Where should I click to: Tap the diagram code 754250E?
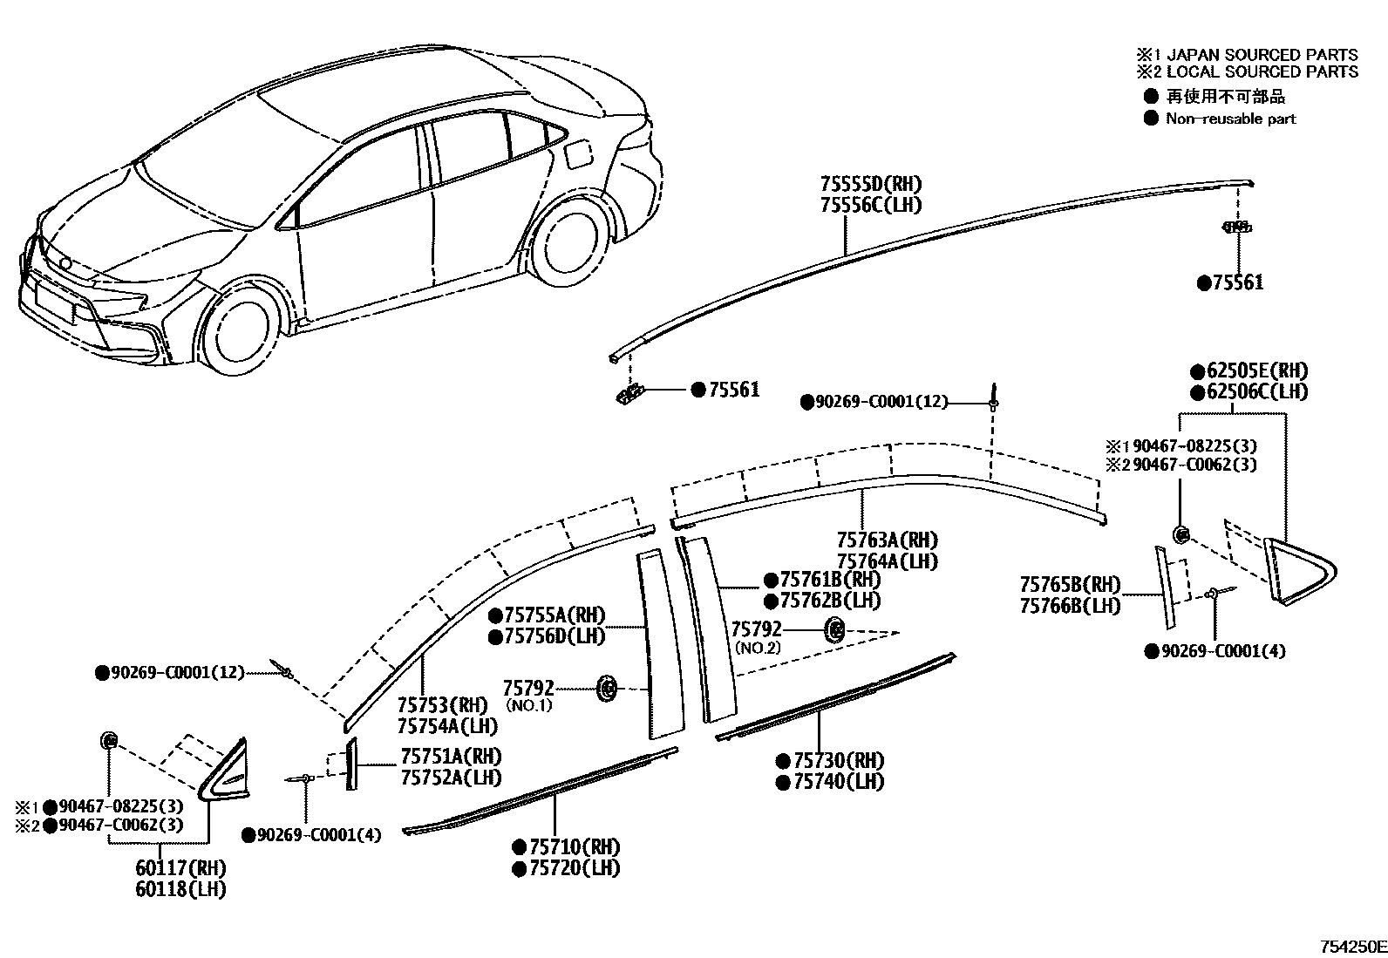[x=1351, y=947]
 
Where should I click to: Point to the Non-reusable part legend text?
[x=1230, y=119]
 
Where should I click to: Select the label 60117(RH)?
[x=180, y=868]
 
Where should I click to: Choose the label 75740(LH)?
[x=838, y=782]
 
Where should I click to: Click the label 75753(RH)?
[x=441, y=704]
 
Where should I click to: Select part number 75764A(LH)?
[x=887, y=561]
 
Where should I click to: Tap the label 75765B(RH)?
[x=1070, y=584]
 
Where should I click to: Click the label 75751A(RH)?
[x=451, y=756]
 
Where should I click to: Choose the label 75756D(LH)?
[x=555, y=636]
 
